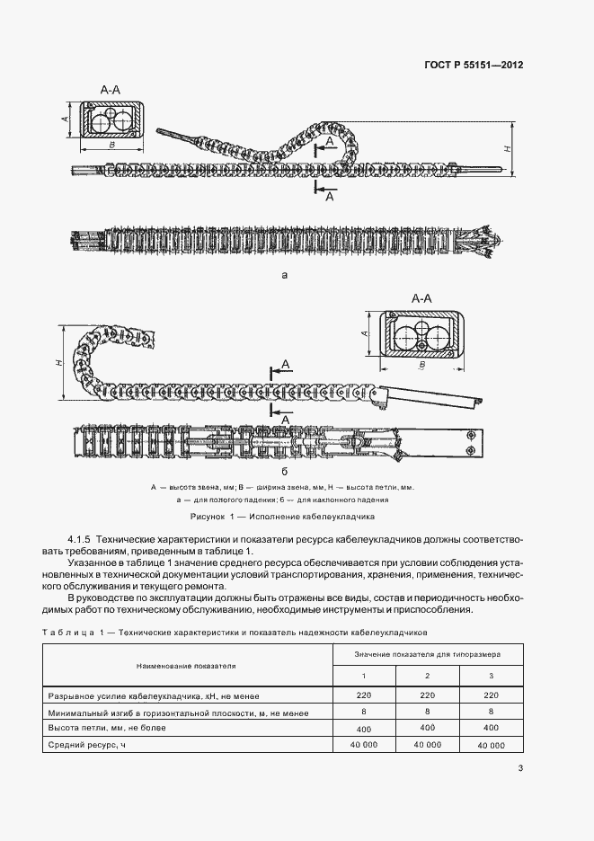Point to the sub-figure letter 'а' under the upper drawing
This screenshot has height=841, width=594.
(x=285, y=276)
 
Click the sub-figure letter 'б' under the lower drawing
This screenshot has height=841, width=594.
(x=284, y=471)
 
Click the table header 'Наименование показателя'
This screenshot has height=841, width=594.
(x=186, y=667)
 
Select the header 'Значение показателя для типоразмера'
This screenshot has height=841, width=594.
(x=428, y=654)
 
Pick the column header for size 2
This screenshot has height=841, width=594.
(x=428, y=676)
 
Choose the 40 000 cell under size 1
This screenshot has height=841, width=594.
(x=364, y=745)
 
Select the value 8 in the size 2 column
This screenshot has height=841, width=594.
(x=428, y=711)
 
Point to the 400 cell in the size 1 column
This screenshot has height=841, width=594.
(x=364, y=728)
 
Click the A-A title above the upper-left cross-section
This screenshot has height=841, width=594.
(x=111, y=90)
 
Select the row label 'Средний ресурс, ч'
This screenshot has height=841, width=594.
(x=82, y=745)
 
